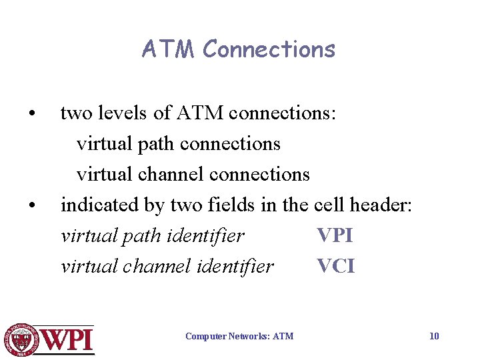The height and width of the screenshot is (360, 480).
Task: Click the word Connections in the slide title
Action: point(269,49)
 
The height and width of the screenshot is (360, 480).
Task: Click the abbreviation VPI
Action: point(335,236)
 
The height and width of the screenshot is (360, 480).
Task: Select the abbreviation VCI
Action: point(335,267)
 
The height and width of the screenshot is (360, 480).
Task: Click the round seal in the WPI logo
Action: point(21,339)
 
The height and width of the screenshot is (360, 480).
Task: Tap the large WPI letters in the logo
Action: point(67,340)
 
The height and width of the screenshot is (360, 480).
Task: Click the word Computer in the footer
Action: point(205,336)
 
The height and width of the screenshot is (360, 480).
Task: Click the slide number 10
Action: point(434,336)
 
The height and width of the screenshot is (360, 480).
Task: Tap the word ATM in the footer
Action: point(283,336)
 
